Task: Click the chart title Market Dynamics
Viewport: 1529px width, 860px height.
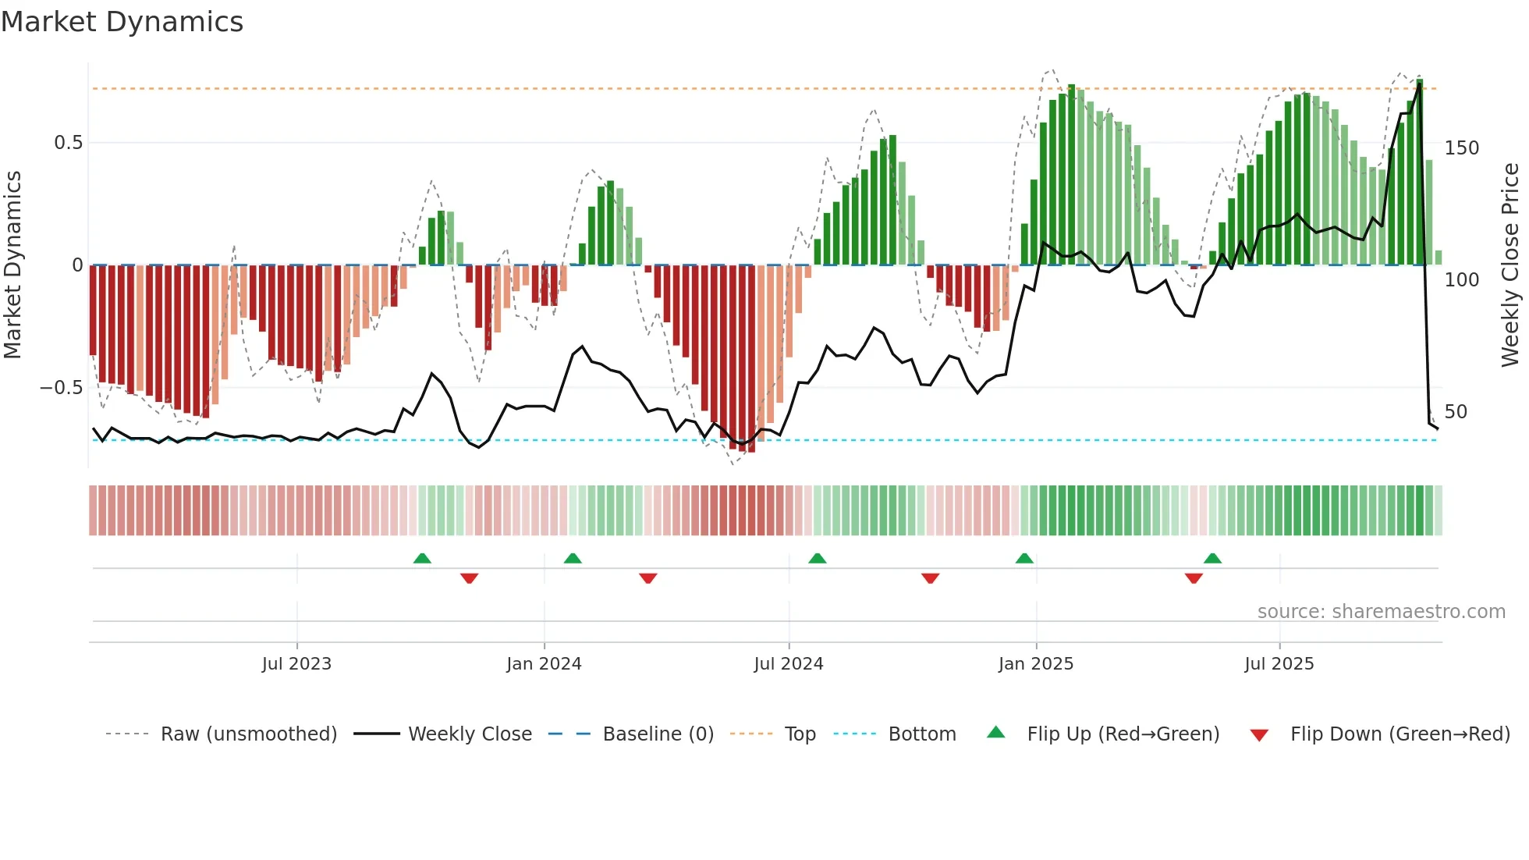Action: (x=122, y=22)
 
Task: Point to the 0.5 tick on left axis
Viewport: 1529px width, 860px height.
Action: (x=68, y=143)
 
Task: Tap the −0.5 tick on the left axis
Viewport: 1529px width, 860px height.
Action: (x=61, y=388)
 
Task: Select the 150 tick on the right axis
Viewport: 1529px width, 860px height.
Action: (x=1461, y=148)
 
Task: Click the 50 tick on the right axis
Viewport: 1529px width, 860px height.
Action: (x=1456, y=412)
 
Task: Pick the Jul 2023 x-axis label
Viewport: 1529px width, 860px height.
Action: (x=296, y=664)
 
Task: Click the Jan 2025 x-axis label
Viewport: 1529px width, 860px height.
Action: (x=1035, y=664)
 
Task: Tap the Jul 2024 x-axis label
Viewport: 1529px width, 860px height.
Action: (x=788, y=664)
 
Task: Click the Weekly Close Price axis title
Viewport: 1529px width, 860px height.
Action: (x=1510, y=265)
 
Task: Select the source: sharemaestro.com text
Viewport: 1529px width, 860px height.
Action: (x=1381, y=612)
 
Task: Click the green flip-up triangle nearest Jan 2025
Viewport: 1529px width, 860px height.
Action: (x=1024, y=559)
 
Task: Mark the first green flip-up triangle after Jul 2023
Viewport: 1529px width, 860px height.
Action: (x=422, y=559)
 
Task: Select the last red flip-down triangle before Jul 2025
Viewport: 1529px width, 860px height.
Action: (x=1194, y=578)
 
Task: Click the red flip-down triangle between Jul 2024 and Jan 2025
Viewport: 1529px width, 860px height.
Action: (x=930, y=578)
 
